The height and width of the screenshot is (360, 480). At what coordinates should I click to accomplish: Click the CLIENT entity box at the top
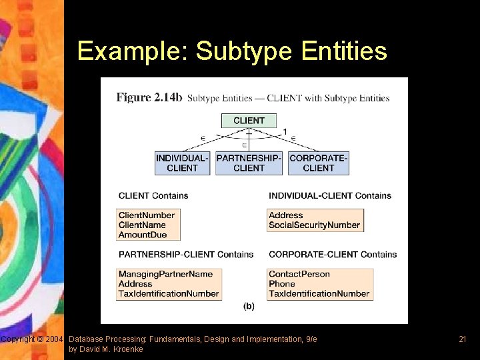249,121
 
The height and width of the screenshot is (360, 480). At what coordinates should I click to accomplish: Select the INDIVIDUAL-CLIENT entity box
182,163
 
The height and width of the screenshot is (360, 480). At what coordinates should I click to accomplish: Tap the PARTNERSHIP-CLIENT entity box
249,163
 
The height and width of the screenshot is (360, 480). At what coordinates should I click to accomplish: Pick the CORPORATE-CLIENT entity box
319,163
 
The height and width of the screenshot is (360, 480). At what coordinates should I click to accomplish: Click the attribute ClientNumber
147,215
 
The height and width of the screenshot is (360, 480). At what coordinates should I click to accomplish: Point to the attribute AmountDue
142,235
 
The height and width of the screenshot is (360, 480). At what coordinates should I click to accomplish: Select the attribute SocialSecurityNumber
314,225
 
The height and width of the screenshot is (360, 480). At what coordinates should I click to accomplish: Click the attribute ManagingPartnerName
165,274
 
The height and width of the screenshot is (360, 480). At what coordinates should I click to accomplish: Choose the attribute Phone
282,284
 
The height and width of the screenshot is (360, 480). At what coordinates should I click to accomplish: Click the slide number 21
462,339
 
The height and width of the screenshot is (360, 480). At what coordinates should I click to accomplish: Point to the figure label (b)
249,307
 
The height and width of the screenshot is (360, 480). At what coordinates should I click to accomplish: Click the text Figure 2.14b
149,97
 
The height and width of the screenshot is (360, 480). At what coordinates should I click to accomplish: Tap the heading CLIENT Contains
153,196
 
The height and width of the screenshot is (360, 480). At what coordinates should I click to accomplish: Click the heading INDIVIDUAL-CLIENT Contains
330,196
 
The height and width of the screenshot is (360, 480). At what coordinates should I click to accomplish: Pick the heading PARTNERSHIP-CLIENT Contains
186,255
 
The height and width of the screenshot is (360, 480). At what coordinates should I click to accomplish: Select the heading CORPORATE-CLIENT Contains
333,255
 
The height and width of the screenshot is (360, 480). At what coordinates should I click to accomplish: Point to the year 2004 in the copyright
54,340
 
